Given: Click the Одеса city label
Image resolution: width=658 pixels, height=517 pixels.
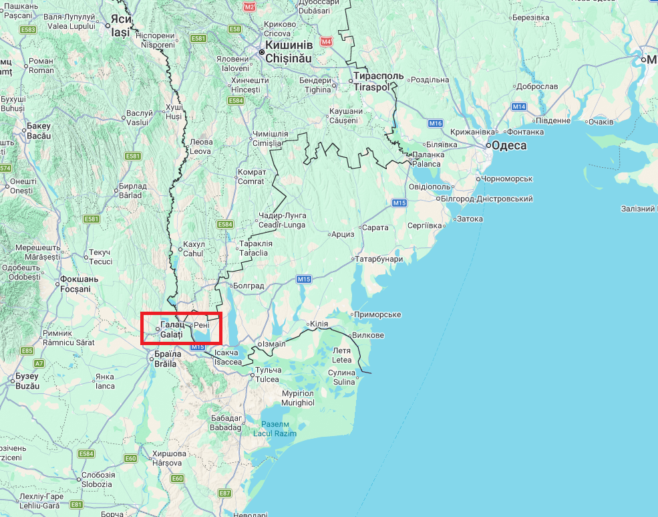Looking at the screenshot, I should pyautogui.click(x=509, y=146).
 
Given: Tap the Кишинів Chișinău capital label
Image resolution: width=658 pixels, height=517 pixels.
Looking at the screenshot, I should pyautogui.click(x=289, y=51).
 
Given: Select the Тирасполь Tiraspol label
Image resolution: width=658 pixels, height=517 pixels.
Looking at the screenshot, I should pyautogui.click(x=378, y=82).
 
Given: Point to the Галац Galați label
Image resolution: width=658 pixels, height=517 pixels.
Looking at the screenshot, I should pyautogui.click(x=172, y=329).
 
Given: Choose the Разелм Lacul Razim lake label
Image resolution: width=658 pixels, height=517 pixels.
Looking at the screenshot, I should pyautogui.click(x=275, y=429).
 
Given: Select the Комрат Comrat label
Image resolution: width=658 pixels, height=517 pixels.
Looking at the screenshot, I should pyautogui.click(x=252, y=177).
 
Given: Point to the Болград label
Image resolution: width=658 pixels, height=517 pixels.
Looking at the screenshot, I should pyautogui.click(x=248, y=286).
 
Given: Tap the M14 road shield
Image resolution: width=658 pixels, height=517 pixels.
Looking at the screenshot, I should pyautogui.click(x=519, y=107).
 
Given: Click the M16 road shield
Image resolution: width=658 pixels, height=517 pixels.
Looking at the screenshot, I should pyautogui.click(x=436, y=123).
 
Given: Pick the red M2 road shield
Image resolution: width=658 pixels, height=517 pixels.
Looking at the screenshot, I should pyautogui.click(x=250, y=7).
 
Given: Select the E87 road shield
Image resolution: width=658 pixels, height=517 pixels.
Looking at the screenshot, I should pyautogui.click(x=224, y=493).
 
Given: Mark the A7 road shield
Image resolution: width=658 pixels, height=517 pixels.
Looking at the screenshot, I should pyautogui.click(x=39, y=363).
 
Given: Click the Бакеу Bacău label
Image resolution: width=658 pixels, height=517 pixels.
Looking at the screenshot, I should pyautogui.click(x=39, y=131).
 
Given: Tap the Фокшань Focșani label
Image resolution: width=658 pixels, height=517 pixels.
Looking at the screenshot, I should pyautogui.click(x=75, y=284).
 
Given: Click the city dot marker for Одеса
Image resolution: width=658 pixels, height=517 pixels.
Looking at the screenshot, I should pyautogui.click(x=488, y=145).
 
